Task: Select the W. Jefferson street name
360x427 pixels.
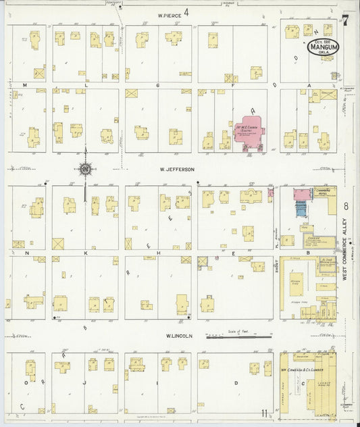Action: pos(177,170)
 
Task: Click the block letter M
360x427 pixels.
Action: pos(25,86)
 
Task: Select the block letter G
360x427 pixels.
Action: pos(157,86)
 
